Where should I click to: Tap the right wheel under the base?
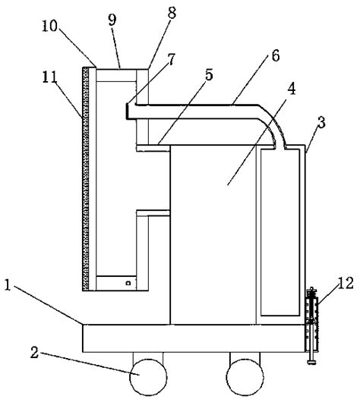coord(245,375)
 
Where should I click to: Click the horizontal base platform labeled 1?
coord(190,337)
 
